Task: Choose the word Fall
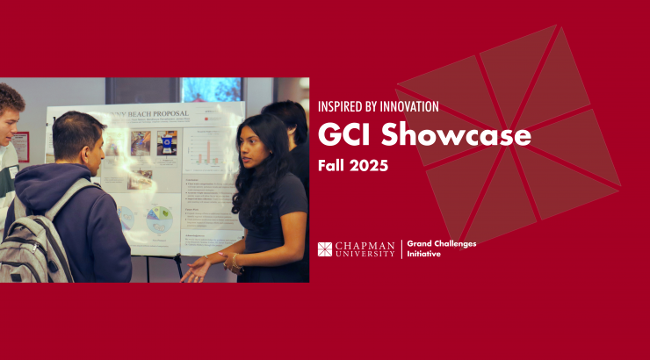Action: (332, 165)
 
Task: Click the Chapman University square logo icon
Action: (325, 249)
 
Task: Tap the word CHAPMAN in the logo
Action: (365, 245)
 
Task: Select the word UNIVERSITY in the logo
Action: (365, 254)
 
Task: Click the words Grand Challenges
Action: (442, 244)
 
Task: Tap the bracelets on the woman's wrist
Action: (230, 261)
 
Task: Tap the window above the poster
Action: (211, 89)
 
